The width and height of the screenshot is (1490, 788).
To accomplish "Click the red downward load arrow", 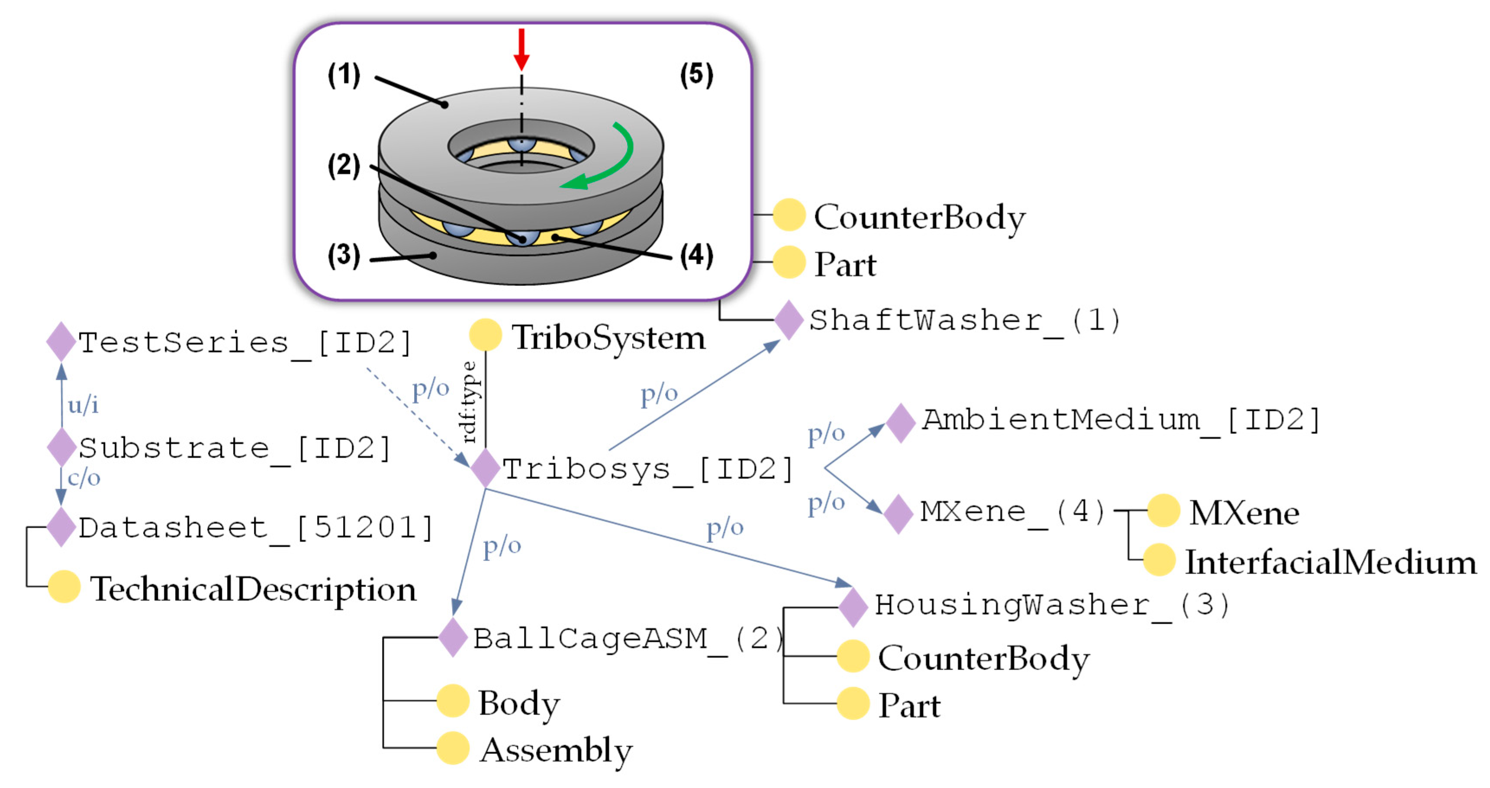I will [x=521, y=49].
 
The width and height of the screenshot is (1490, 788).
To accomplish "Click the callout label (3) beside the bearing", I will [x=344, y=256].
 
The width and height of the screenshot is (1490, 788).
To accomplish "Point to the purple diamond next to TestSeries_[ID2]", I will [x=61, y=342].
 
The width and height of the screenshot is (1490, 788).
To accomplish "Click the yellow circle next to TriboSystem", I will [x=485, y=335].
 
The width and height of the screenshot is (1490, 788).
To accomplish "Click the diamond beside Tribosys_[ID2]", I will [x=485, y=468].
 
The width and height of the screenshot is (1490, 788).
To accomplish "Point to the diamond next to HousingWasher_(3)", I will [x=853, y=606].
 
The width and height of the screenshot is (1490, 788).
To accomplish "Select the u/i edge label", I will [x=83, y=405].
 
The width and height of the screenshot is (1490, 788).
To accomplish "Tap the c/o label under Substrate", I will [x=84, y=478].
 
